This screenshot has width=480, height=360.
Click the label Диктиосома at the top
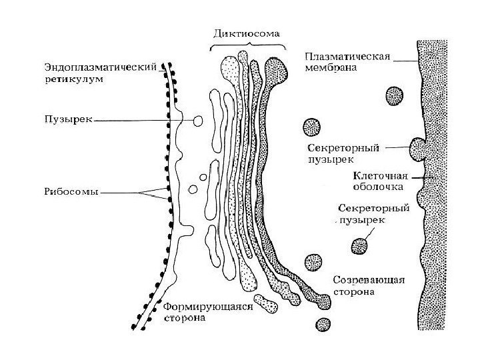[x=246, y=32]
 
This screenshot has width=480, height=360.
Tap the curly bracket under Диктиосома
[x=246, y=45]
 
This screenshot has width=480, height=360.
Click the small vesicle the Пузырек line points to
[x=199, y=120]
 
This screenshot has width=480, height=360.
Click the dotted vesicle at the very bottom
[x=324, y=325]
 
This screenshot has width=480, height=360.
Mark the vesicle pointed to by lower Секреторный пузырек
[x=361, y=246]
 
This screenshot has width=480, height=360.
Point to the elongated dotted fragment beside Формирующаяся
[x=266, y=303]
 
